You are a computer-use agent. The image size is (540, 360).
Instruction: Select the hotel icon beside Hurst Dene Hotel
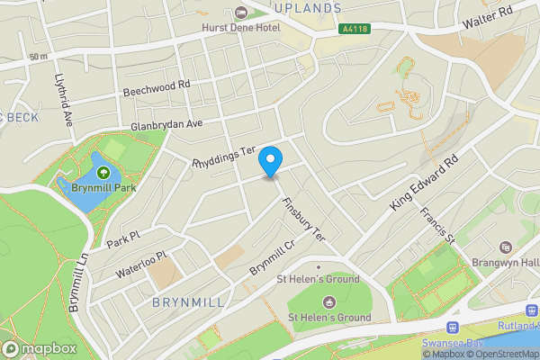pos(240,12)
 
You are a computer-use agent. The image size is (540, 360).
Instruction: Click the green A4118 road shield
pos(355,29)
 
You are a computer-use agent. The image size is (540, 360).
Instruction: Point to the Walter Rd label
pos(487,16)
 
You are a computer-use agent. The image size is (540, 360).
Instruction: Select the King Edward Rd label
pos(425,182)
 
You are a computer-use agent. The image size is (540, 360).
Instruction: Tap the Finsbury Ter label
pos(303,220)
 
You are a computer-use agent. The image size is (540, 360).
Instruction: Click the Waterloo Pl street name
pos(142,263)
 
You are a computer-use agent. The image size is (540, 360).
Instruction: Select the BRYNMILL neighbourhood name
pos(187,301)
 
